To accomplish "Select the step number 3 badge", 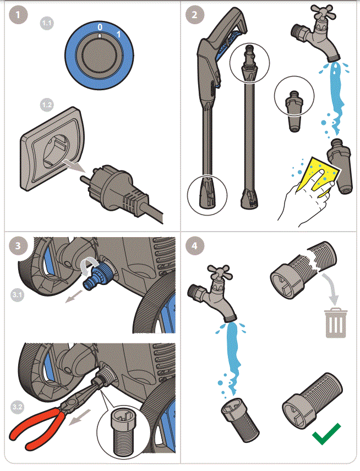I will point(18,246).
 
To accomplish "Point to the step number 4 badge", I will point(194,246).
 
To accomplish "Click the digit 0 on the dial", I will point(100,26).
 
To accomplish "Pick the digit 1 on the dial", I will point(118,35).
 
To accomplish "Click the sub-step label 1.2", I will point(48,105).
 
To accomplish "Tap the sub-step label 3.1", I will point(18,295).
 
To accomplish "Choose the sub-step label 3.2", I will point(18,406).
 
